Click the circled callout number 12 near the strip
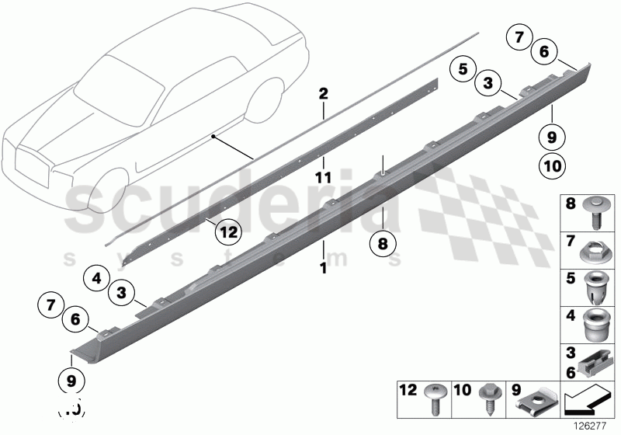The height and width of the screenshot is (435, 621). (x=226, y=231)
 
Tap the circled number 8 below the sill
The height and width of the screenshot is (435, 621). (x=383, y=243)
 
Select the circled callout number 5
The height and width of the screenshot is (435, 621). (x=462, y=69)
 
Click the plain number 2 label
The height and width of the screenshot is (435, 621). (x=323, y=94)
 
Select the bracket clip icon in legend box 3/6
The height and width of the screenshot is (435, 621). (x=595, y=358)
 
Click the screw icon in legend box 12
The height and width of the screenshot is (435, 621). (x=435, y=398)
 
